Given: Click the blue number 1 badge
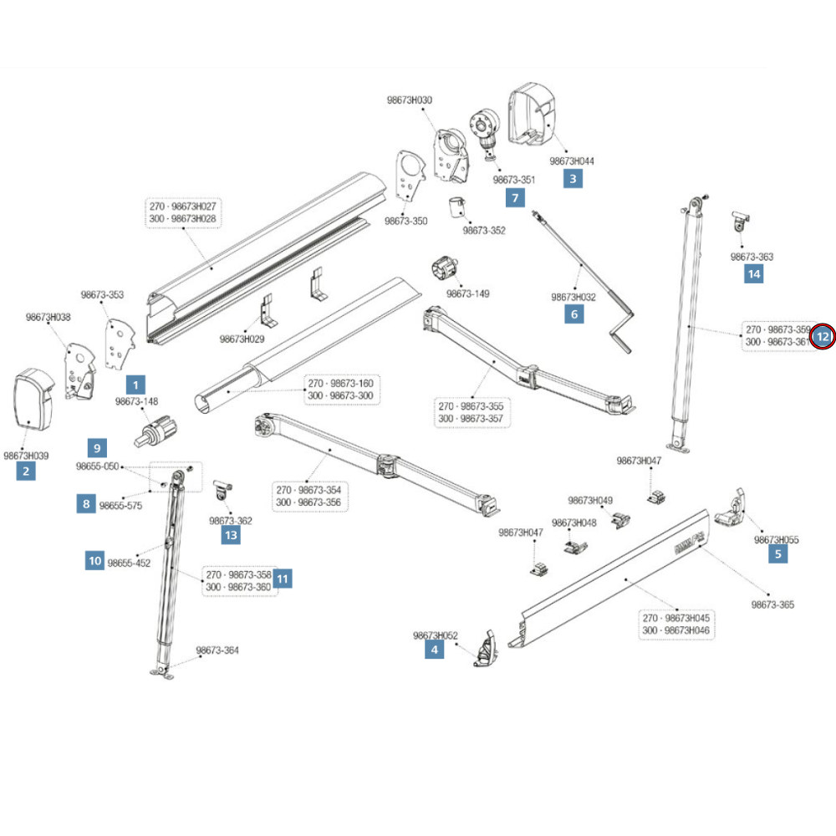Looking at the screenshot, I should pyautogui.click(x=135, y=385).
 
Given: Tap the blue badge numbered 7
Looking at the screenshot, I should pyautogui.click(x=515, y=198).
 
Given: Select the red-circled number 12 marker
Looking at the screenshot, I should pyautogui.click(x=823, y=336).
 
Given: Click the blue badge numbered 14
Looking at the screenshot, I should pyautogui.click(x=754, y=273).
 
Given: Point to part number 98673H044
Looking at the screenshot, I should pyautogui.click(x=572, y=161).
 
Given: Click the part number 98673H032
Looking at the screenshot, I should pyautogui.click(x=573, y=297).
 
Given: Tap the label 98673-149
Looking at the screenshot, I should pyautogui.click(x=467, y=293).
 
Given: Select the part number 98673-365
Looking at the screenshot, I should pyautogui.click(x=772, y=604).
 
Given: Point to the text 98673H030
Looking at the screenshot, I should pyautogui.click(x=410, y=100).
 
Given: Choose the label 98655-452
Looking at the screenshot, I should pyautogui.click(x=129, y=563).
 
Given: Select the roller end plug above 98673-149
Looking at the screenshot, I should pyautogui.click(x=446, y=270).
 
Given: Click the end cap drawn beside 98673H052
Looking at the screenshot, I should pyautogui.click(x=486, y=650).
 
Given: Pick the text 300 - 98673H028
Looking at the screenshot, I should pyautogui.click(x=182, y=218).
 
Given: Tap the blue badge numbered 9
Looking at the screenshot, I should pyautogui.click(x=99, y=447).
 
